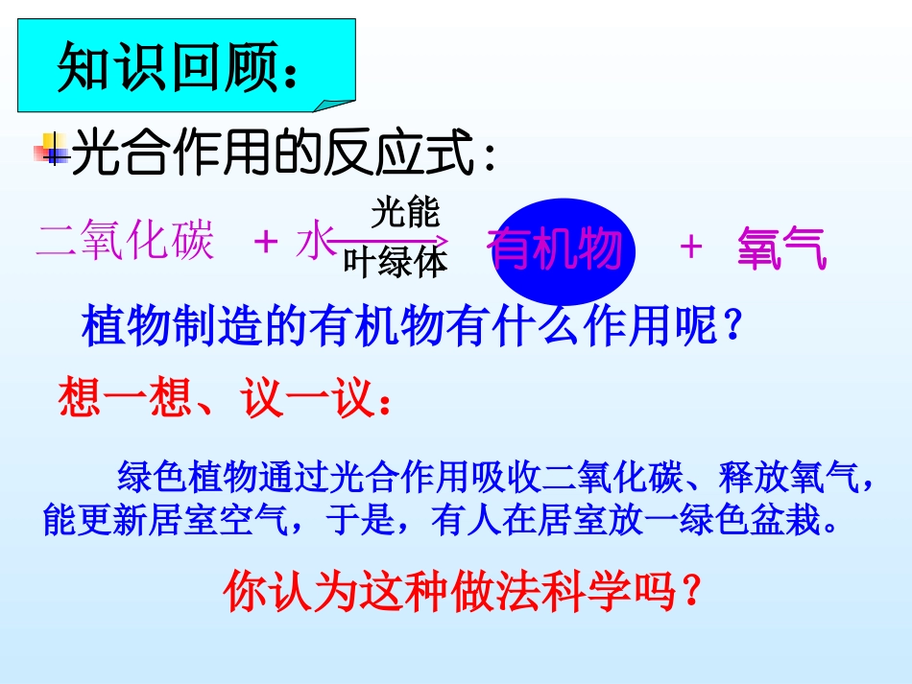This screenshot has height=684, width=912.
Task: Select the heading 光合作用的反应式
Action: [284, 153]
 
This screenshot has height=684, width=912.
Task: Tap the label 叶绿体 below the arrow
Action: [396, 263]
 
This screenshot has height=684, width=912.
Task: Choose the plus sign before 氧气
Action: [690, 248]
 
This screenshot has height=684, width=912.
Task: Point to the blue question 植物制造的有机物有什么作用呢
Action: [413, 329]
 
